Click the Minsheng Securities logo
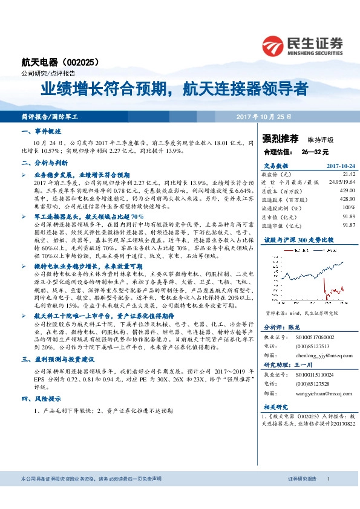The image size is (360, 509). pyautogui.click(x=302, y=45)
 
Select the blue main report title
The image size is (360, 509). pyautogui.click(x=174, y=90)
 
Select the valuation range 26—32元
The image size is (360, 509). pyautogui.click(x=314, y=151)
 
